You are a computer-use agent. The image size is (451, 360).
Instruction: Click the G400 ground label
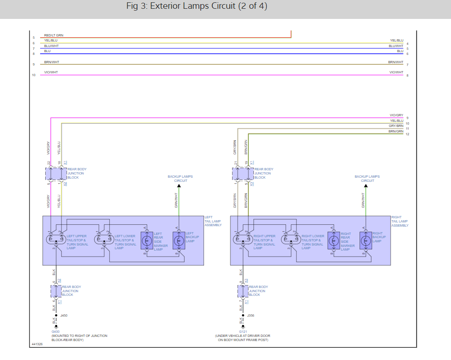[x=55, y=331]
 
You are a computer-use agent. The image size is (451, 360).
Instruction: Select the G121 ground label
[x=243, y=331]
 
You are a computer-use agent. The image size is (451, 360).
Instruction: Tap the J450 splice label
[x=64, y=316]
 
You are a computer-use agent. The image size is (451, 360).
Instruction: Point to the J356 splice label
[x=251, y=316]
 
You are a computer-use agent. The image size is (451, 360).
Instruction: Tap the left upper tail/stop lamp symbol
[x=57, y=239]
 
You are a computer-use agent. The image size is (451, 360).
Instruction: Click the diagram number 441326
[x=37, y=344]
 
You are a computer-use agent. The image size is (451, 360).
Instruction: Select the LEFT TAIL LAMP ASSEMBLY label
[x=213, y=221]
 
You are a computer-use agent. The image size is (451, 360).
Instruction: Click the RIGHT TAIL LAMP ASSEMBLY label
[x=400, y=221]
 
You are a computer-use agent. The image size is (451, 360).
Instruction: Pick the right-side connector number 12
[x=408, y=134]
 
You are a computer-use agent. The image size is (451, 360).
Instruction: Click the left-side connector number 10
[x=33, y=75]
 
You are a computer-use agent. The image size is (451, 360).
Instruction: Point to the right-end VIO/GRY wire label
[x=396, y=115]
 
